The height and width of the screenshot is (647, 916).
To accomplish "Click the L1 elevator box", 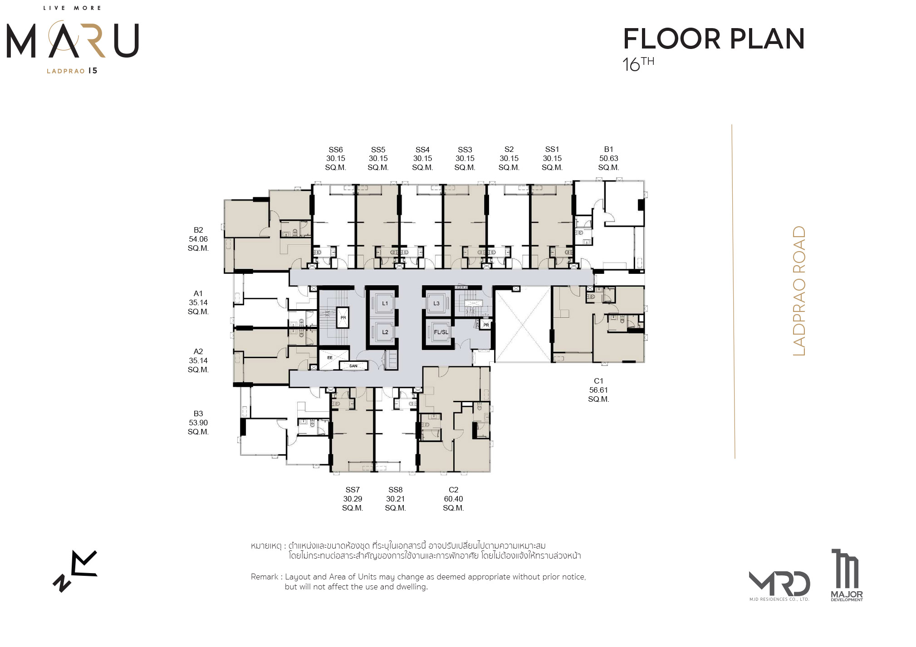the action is click(384, 303).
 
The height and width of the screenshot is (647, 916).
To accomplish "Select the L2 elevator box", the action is click(384, 332).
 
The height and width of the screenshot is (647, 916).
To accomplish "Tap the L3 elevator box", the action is click(436, 303).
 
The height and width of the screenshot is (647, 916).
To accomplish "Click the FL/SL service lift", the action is click(441, 332).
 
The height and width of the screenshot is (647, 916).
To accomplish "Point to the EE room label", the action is click(330, 358).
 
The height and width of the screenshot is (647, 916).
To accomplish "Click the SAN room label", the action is click(353, 365).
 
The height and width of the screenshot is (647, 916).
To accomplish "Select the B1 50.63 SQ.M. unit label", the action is click(608, 158).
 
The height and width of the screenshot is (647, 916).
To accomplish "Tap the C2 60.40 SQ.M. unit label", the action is click(453, 499).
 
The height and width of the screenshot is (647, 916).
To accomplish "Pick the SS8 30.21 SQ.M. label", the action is click(395, 499).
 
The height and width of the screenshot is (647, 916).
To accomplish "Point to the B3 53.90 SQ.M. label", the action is click(198, 423).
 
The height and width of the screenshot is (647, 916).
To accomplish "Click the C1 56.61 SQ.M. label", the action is click(598, 390).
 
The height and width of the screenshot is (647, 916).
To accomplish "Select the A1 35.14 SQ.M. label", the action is click(198, 302).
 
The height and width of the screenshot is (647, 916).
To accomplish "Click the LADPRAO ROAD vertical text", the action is click(799, 291).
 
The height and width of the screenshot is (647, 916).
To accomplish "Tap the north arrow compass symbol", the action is click(75, 571).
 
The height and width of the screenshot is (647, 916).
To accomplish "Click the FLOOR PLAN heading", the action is click(714, 39).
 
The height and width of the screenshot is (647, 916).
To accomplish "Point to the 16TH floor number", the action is click(638, 64).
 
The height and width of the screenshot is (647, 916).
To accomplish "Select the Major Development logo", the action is click(847, 575).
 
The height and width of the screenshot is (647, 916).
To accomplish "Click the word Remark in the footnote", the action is click(265, 577).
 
